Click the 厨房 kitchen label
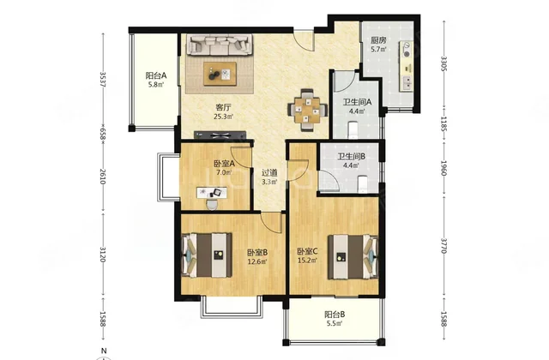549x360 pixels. pos(378,40)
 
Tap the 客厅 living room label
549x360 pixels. pos(223,107)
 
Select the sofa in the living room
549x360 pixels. pos(220,45)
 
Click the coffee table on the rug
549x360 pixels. pos(220,74)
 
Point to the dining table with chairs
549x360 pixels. pos(307,111)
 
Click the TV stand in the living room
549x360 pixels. pos(220,135)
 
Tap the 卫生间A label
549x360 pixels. pos(357,102)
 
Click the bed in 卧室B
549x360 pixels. pos(207,255)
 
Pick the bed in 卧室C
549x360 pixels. pos(353,257)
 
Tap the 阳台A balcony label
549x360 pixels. pos(156,75)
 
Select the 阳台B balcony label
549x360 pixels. pos(335,315)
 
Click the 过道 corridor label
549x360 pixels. pos(269,172)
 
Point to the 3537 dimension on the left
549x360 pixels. pos(103,80)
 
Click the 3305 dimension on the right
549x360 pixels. pos(443,63)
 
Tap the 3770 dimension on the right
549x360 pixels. pos(443,246)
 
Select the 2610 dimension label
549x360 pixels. pos(103,177)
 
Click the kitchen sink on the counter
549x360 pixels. pos(407,82)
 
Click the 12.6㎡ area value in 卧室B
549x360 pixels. pos(257,261)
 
